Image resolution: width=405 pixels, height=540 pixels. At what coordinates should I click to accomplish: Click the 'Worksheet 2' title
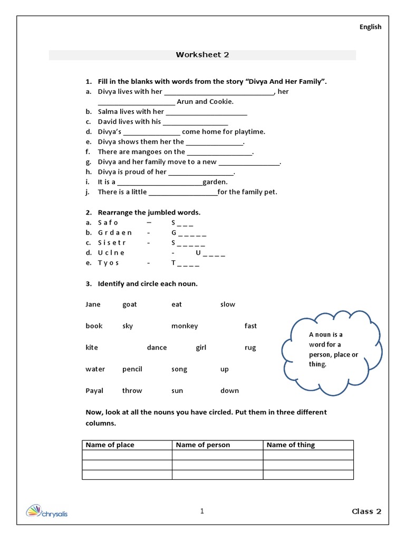[x=202, y=55]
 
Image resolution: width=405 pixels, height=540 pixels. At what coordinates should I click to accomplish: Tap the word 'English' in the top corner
[x=370, y=27]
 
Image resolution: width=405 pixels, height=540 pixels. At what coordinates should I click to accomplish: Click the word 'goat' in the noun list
[x=129, y=304]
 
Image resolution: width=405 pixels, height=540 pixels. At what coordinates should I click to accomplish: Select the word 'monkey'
[x=185, y=326]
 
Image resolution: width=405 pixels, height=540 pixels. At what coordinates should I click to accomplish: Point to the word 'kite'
[x=92, y=348]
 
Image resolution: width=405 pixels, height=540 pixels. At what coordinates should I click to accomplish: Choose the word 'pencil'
[x=132, y=369]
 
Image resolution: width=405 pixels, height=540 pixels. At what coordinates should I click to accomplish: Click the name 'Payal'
[x=94, y=391]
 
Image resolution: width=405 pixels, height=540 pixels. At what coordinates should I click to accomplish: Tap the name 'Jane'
[x=93, y=304]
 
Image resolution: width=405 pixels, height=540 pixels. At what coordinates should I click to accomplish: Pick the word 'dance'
[x=157, y=348]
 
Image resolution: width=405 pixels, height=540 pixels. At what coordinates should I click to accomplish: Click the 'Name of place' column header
[x=110, y=445]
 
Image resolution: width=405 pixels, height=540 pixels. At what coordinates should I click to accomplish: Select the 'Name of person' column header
[x=203, y=445]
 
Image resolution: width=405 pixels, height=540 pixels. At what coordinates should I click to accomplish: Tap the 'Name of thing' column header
[x=291, y=445]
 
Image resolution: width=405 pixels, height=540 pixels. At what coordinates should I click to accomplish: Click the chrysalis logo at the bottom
[x=47, y=512]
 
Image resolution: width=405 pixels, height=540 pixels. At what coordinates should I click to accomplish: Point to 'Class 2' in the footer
[x=367, y=511]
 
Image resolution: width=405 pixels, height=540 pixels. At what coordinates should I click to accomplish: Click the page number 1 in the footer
[x=202, y=510]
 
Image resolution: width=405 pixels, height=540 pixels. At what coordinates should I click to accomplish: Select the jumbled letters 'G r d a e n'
[x=115, y=233]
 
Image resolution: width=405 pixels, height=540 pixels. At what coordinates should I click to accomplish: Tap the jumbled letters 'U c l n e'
[x=111, y=253]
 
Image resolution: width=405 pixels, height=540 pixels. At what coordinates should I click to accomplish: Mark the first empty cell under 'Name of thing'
[x=308, y=455]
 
